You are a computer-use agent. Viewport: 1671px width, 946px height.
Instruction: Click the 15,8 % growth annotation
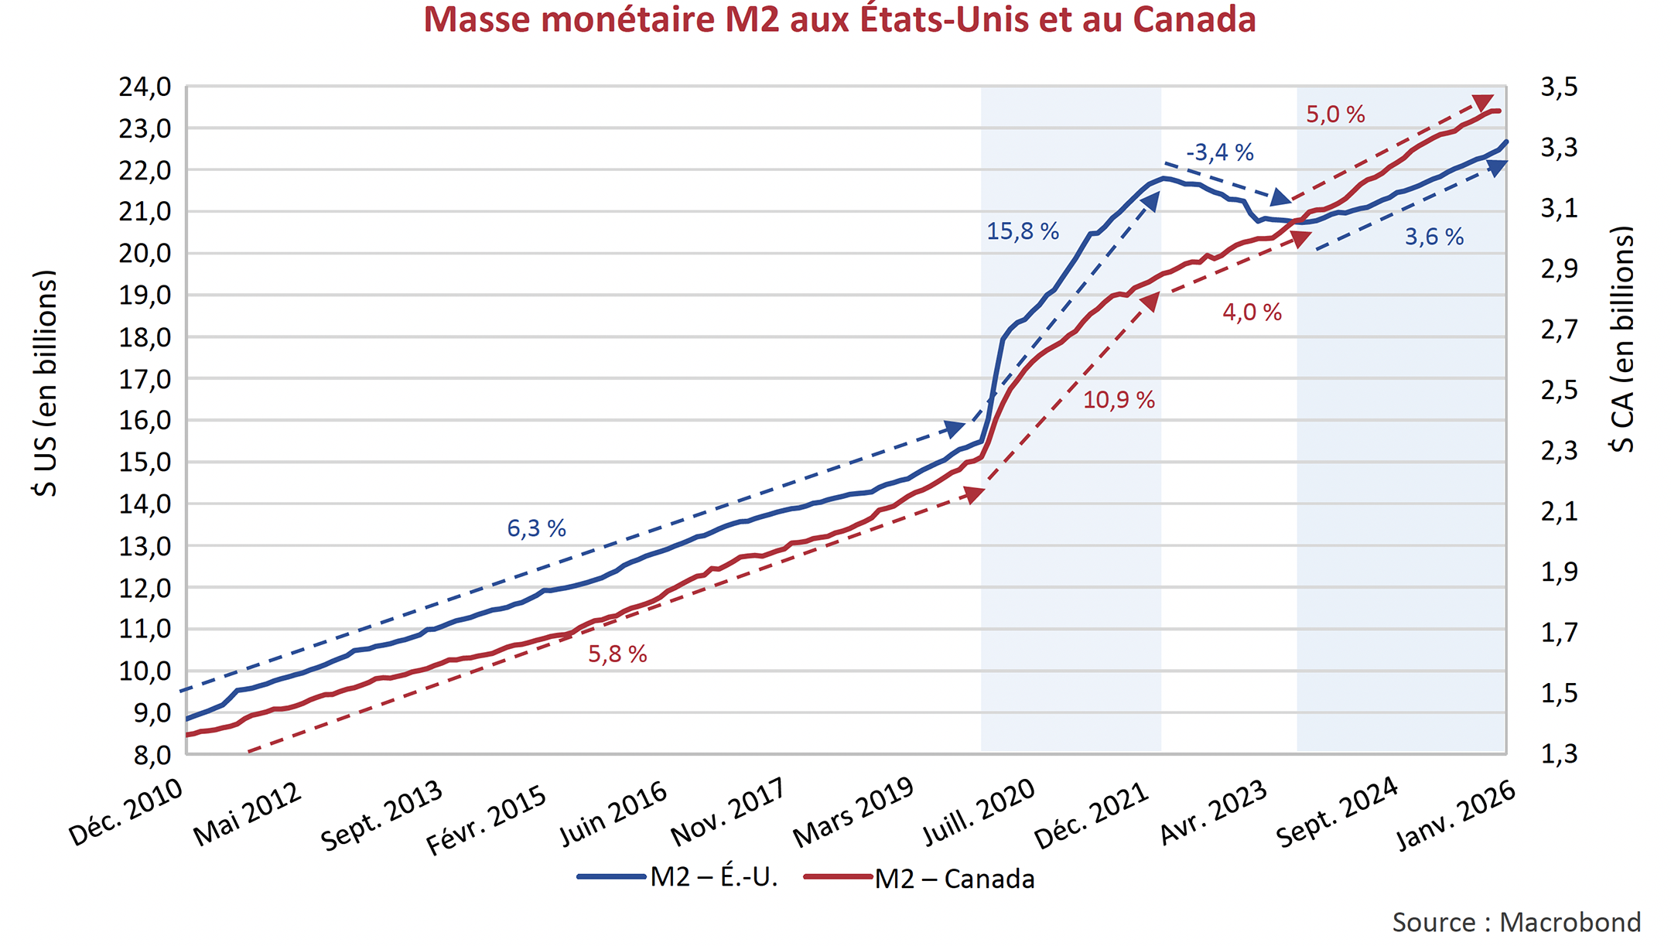click(x=1022, y=231)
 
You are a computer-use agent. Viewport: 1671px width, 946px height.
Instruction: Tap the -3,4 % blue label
click(x=1219, y=152)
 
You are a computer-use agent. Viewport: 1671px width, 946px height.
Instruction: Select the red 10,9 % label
click(x=1118, y=400)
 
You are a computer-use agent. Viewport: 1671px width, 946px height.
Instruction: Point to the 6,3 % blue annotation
click(x=536, y=528)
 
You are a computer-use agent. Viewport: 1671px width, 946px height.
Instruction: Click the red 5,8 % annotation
click(x=617, y=654)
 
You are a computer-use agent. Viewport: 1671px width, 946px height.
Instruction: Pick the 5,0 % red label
click(x=1335, y=114)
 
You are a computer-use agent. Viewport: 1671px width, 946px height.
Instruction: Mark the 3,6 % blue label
click(x=1434, y=237)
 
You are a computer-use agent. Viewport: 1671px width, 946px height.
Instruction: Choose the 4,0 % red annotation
click(x=1251, y=312)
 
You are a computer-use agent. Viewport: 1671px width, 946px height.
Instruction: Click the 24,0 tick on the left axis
click(x=145, y=87)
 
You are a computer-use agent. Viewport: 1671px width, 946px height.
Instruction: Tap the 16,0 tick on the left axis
click(x=145, y=421)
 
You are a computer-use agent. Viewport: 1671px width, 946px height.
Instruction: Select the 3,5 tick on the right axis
click(x=1559, y=87)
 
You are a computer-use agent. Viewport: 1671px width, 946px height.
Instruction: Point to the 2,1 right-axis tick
click(x=1559, y=511)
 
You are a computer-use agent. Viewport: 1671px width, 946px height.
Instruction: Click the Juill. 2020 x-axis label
click(x=979, y=812)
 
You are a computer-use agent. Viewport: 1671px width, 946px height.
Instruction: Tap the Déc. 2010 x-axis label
click(x=126, y=812)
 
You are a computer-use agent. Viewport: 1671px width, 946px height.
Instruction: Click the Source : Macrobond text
click(x=1516, y=922)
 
